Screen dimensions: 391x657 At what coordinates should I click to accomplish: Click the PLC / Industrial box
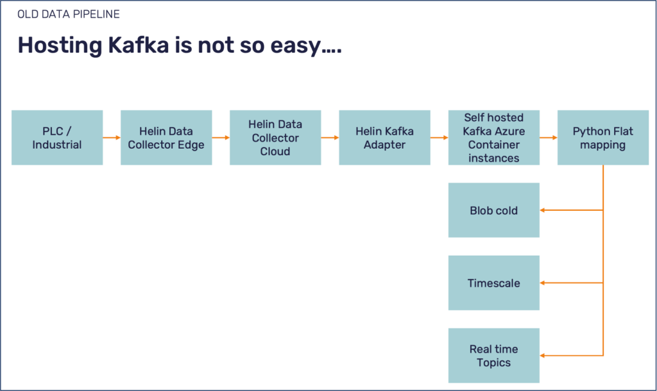[57, 138]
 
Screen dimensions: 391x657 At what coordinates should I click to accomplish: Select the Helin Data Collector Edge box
[166, 138]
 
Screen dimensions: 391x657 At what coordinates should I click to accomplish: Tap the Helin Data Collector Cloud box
[275, 138]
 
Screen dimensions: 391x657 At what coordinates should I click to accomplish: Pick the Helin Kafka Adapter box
[384, 138]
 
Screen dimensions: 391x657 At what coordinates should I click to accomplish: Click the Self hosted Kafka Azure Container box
[493, 138]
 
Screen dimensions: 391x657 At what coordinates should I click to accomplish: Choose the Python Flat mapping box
[602, 138]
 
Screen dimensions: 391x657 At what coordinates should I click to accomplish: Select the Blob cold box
[493, 210]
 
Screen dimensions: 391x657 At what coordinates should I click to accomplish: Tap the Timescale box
[493, 283]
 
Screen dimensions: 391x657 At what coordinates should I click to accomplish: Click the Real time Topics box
[493, 356]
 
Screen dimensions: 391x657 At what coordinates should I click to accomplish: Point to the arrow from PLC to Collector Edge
[112, 138]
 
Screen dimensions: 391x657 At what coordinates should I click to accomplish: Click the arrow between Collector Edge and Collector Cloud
[221, 138]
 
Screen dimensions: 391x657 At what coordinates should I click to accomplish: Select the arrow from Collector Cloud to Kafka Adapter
[330, 138]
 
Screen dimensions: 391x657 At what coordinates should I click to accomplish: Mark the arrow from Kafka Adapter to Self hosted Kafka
[439, 138]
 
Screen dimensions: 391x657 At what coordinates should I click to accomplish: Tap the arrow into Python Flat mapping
[548, 138]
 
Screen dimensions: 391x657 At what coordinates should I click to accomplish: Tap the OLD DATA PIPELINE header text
[68, 14]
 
